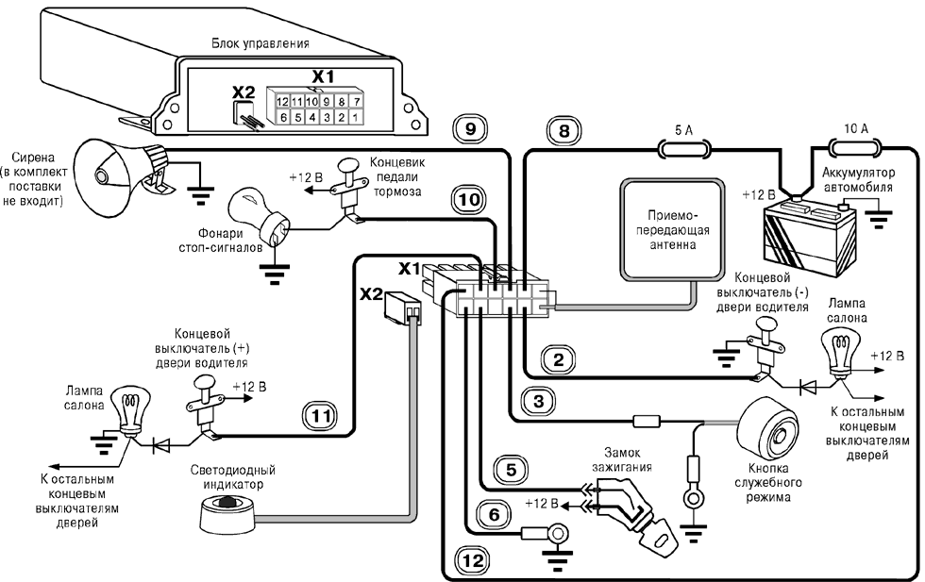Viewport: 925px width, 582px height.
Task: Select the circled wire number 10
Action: [x=470, y=199]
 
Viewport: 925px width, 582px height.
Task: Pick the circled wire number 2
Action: [x=557, y=358]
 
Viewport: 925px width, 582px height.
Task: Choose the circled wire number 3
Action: [x=538, y=402]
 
